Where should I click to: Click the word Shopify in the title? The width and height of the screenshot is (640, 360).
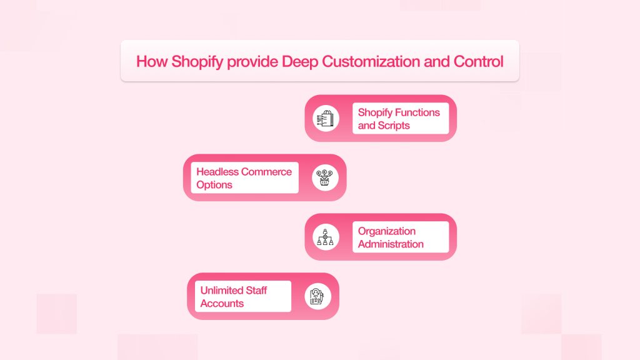(197, 62)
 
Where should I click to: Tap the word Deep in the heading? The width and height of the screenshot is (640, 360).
(300, 62)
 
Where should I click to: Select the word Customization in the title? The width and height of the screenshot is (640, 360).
(371, 62)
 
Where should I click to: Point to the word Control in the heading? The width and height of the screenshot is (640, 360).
(478, 62)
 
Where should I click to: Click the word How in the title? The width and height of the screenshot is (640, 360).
(152, 62)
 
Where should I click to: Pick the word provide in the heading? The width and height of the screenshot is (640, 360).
(252, 62)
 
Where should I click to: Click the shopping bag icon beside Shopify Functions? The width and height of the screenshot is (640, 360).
(326, 118)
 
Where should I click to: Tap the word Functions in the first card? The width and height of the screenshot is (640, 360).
(416, 112)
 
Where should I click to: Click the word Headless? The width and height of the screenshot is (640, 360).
(217, 172)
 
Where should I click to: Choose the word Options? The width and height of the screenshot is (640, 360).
(214, 185)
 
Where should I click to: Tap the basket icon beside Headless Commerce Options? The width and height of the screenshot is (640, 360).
(325, 177)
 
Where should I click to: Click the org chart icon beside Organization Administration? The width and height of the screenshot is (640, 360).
(325, 237)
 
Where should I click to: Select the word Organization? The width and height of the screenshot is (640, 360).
(386, 231)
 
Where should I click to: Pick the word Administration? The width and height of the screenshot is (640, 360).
(391, 244)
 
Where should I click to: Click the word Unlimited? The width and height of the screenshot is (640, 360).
(222, 290)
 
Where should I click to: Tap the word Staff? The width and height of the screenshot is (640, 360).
(256, 290)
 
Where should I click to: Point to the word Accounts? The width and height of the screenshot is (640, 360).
(222, 303)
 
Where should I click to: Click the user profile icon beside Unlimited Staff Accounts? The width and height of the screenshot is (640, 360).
(317, 296)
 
